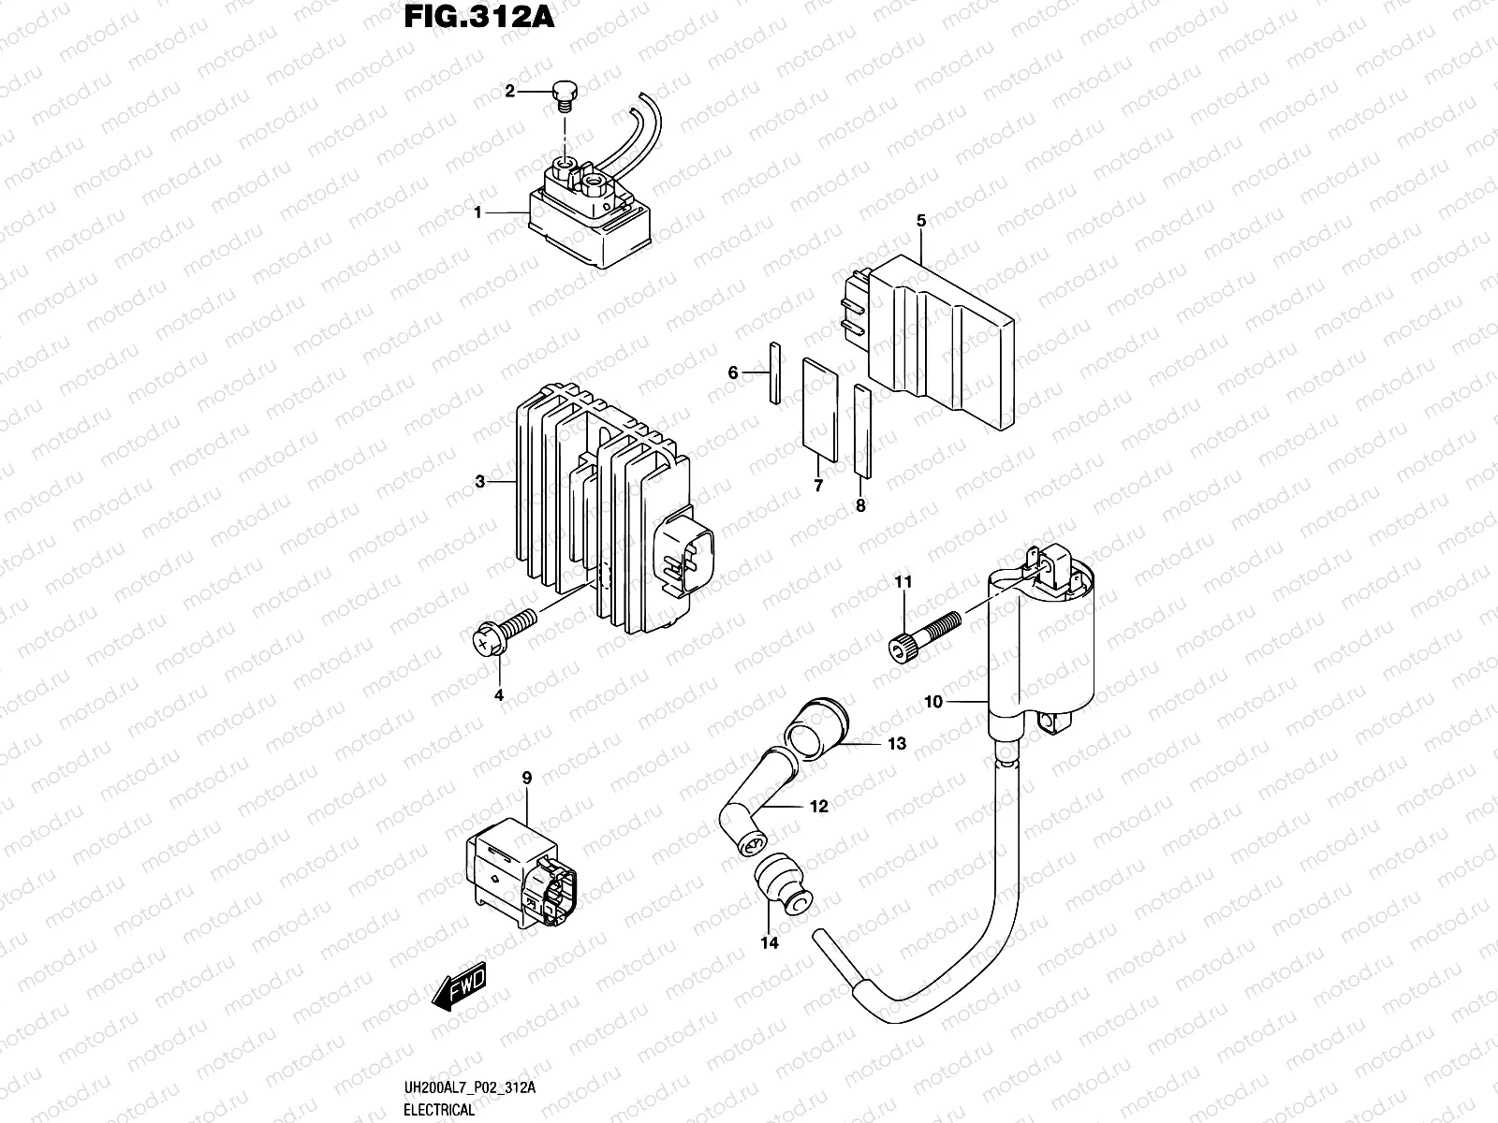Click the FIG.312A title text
[x=477, y=18]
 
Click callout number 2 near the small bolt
[x=510, y=91]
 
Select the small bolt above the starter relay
[x=565, y=95]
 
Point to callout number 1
[x=477, y=212]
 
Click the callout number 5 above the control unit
[x=921, y=221]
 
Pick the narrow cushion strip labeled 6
[x=774, y=373]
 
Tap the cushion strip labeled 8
[x=862, y=430]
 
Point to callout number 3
[x=479, y=482]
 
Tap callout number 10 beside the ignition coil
[x=934, y=701]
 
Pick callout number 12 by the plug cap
[x=819, y=806]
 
